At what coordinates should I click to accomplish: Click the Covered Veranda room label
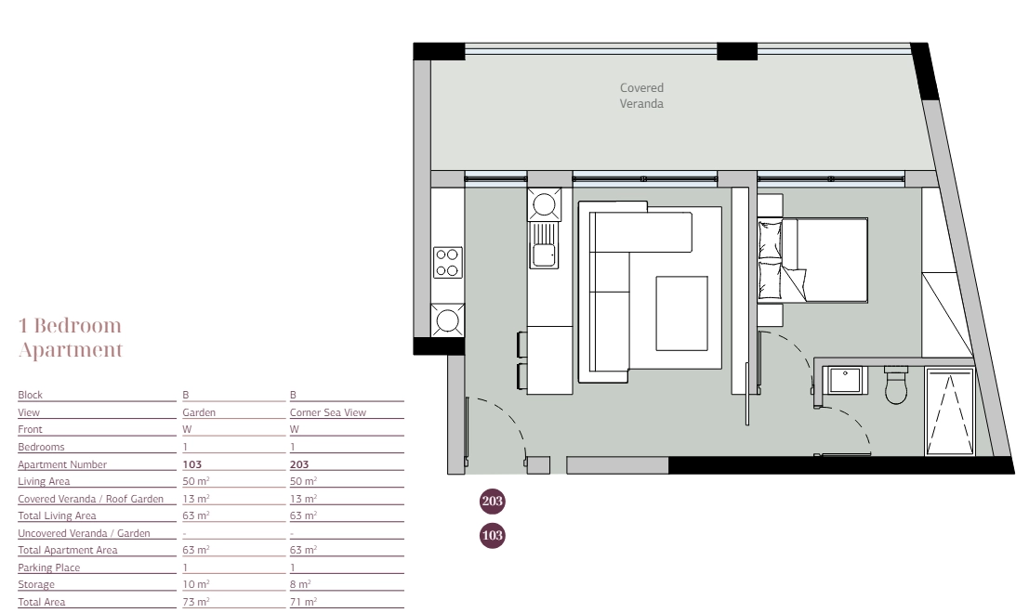click(641, 96)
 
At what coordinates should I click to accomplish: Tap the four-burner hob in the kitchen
click(447, 262)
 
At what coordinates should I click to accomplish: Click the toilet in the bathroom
click(896, 385)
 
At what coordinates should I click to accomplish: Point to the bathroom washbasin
click(845, 380)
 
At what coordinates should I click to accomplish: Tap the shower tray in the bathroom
click(950, 411)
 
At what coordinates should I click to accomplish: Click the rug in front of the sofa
click(681, 313)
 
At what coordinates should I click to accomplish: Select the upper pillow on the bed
click(770, 241)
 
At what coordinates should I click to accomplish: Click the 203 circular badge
click(492, 502)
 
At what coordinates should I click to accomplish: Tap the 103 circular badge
click(492, 536)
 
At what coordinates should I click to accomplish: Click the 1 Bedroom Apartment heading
click(71, 338)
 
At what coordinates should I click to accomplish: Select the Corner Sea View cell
click(327, 412)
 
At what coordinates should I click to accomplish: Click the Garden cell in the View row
click(199, 412)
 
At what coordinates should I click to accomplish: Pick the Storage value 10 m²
click(195, 584)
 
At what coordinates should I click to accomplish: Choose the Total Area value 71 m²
click(303, 601)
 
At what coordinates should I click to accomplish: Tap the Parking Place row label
click(48, 567)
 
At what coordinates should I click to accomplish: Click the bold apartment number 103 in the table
click(192, 464)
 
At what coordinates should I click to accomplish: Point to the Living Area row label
click(44, 481)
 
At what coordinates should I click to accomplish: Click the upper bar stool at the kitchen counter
click(522, 345)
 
